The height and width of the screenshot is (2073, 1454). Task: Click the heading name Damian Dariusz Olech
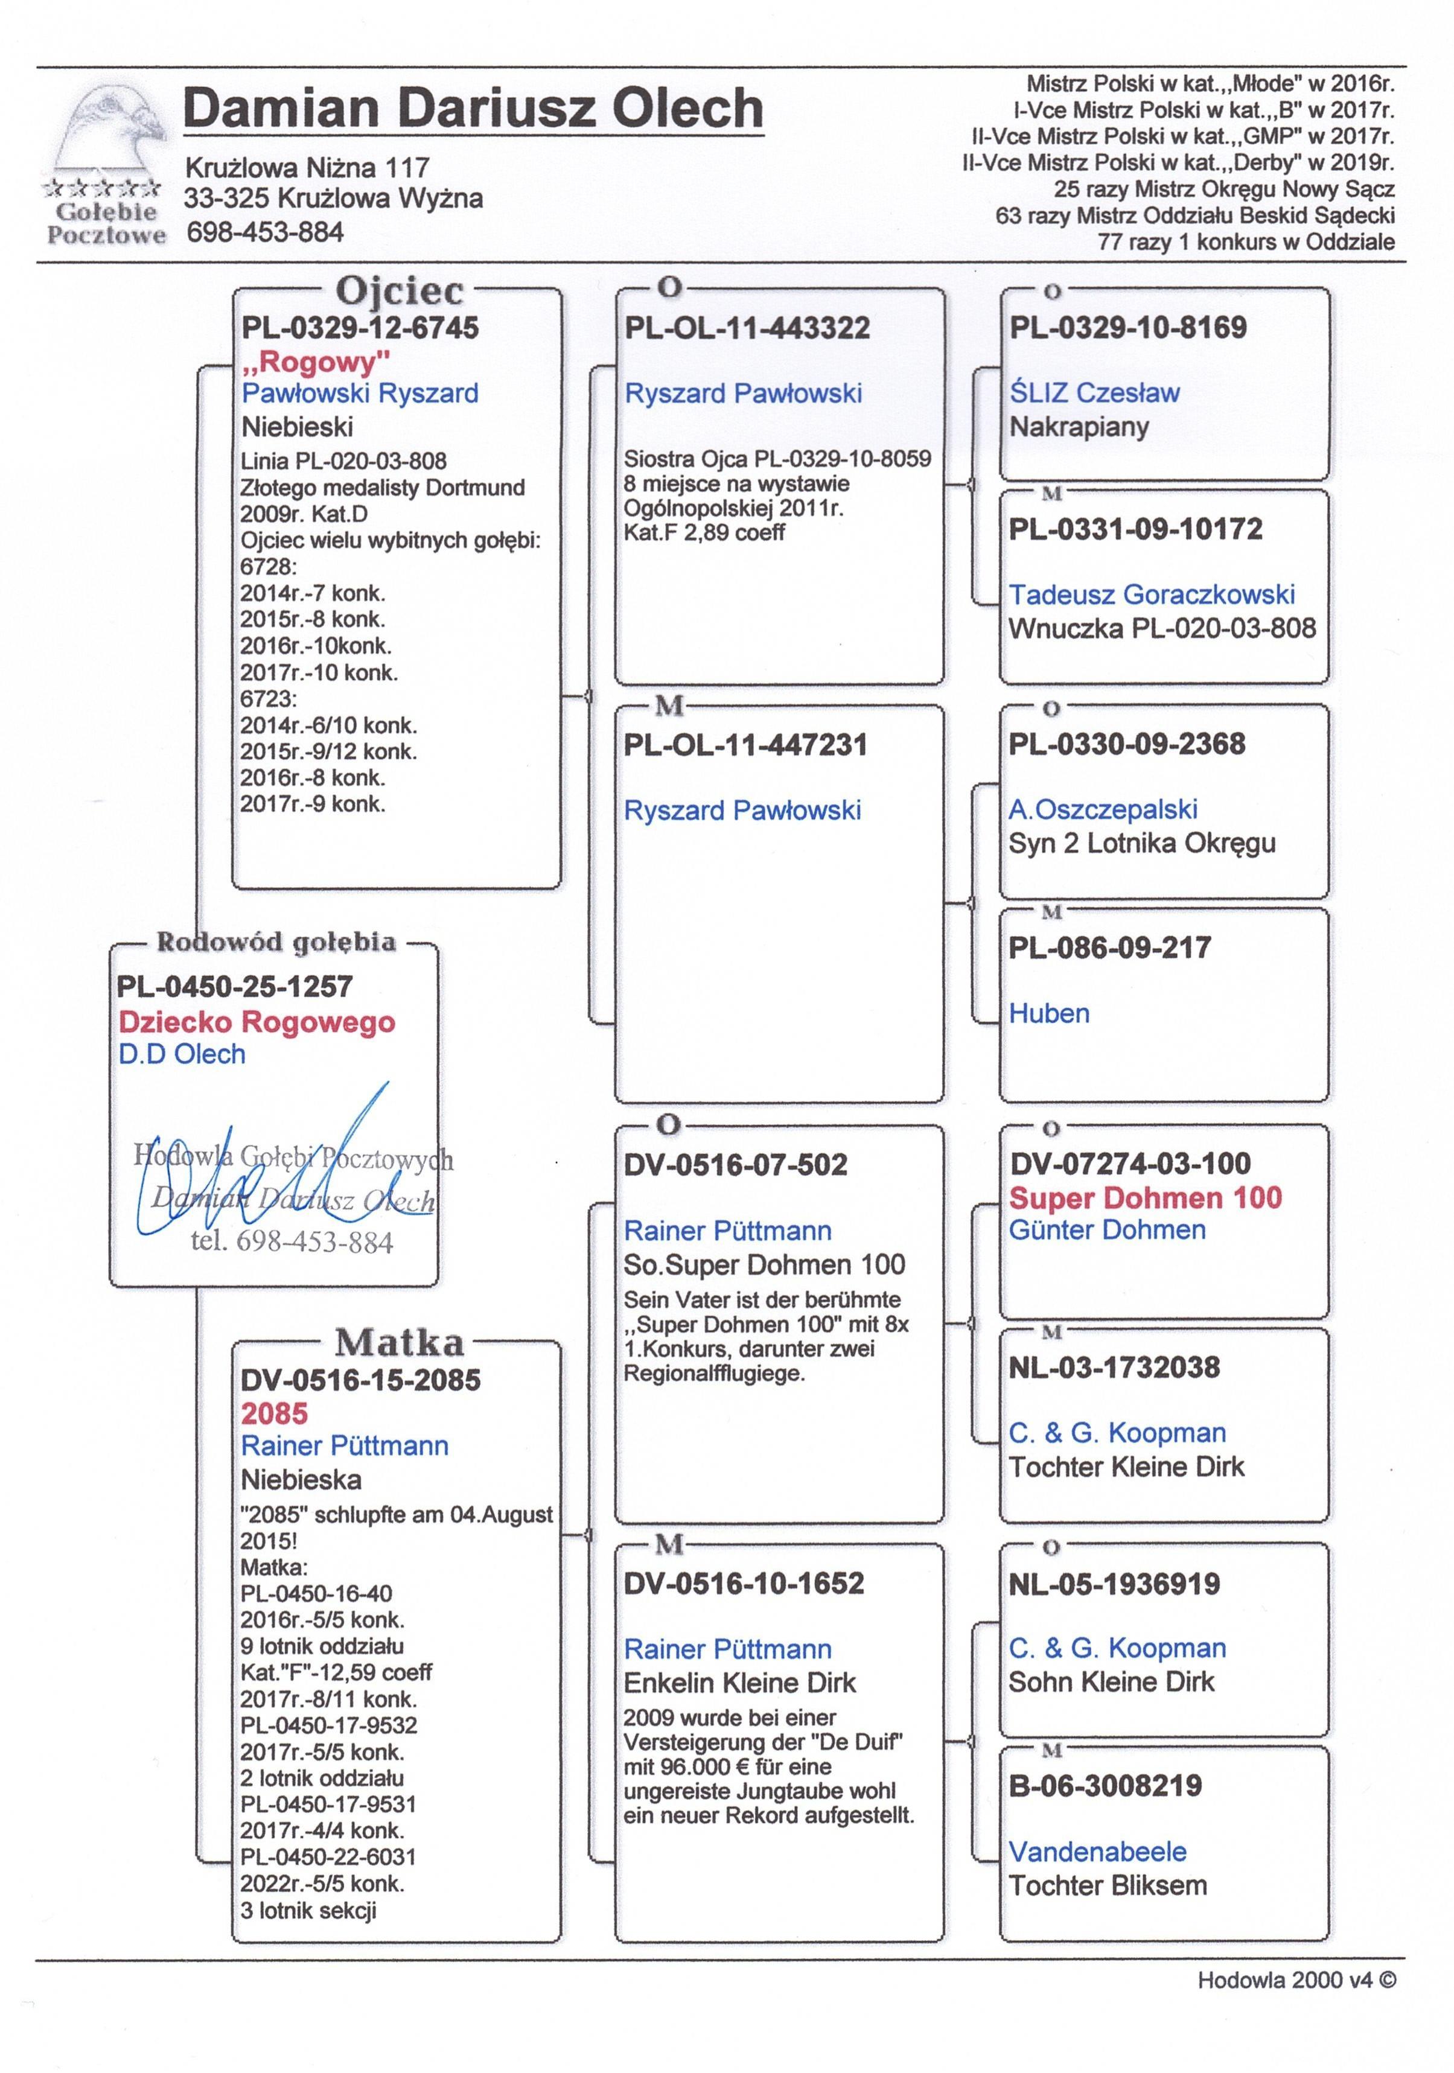pos(473,109)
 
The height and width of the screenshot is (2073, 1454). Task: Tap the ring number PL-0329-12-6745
pos(360,328)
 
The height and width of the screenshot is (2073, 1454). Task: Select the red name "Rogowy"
pos(316,362)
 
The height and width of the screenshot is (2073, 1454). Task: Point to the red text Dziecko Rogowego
pos(257,1022)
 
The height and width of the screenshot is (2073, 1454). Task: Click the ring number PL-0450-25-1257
pos(234,987)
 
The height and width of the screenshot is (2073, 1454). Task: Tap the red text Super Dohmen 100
pos(1145,1197)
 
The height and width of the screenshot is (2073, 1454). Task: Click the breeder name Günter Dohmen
pos(1107,1230)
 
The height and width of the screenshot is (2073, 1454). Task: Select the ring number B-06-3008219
pos(1105,1785)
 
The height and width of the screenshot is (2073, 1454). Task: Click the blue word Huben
pos(1050,1013)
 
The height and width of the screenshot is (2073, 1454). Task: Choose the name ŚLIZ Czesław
pos(1094,393)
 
